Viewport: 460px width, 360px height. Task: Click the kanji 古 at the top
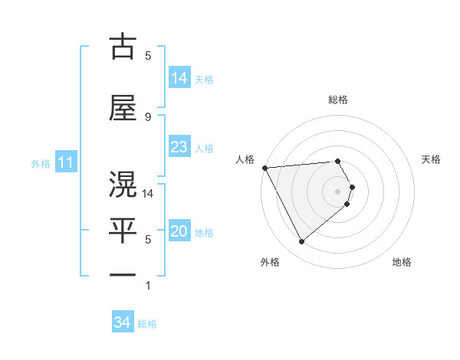click(123, 47)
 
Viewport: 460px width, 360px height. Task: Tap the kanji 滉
click(123, 185)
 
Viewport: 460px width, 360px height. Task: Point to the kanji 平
click(123, 231)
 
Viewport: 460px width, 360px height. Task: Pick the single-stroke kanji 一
click(123, 275)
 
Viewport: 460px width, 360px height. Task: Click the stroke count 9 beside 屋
click(148, 117)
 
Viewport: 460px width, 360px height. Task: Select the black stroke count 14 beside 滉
click(149, 194)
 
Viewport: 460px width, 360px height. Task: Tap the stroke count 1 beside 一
click(148, 286)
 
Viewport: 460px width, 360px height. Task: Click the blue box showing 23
click(179, 148)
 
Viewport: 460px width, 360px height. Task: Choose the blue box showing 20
click(179, 232)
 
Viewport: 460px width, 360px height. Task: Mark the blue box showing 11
click(65, 163)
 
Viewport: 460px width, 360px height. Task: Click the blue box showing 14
click(179, 79)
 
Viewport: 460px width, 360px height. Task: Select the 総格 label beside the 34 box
click(147, 324)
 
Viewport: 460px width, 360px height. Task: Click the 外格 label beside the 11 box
click(40, 164)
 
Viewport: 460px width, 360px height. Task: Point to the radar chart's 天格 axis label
click(432, 159)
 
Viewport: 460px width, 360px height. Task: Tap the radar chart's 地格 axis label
click(402, 262)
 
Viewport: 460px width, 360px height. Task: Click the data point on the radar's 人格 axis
click(264, 168)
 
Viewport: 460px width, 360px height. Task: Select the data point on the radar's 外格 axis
click(301, 242)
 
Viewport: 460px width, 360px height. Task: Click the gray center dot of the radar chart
click(338, 191)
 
